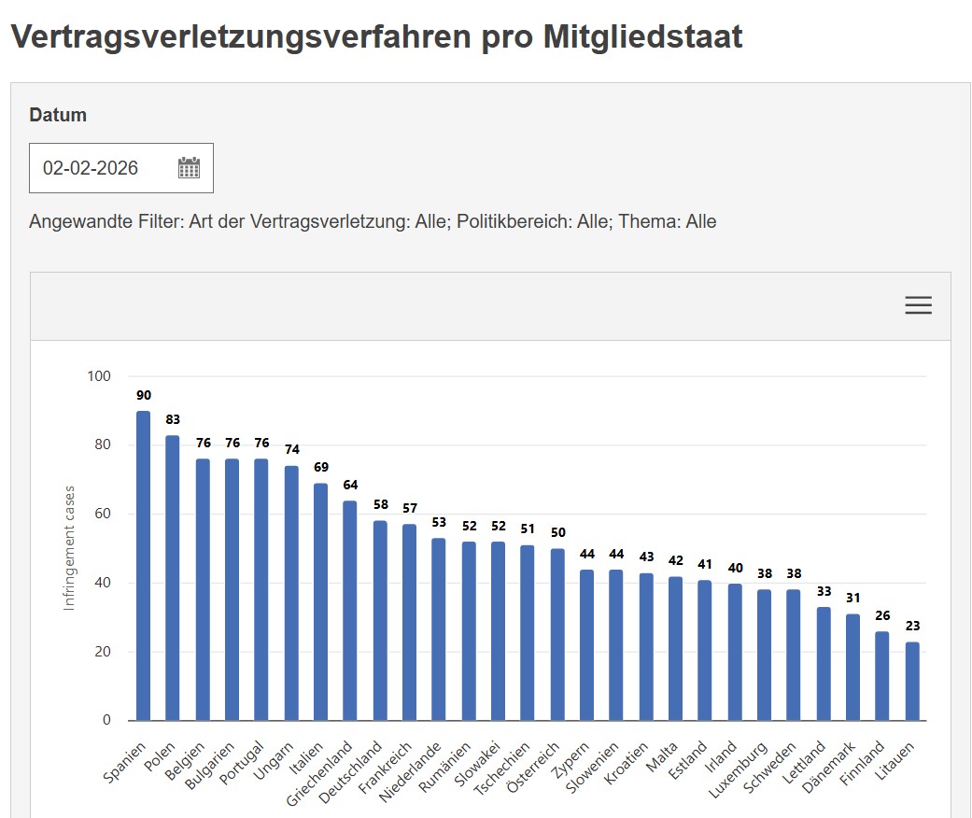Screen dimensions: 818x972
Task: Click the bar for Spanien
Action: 143,566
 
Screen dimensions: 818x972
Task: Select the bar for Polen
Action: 173,578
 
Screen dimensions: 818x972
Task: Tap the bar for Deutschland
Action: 380,621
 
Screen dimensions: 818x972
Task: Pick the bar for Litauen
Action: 912,681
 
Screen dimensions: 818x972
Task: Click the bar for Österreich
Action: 557,635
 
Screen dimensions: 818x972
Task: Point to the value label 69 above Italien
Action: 320,467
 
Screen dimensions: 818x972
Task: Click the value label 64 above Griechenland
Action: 350,485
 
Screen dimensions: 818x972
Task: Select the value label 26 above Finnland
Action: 882,615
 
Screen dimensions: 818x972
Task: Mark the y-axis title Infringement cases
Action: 69,548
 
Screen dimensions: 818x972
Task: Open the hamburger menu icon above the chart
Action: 918,305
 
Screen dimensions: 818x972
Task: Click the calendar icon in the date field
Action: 189,168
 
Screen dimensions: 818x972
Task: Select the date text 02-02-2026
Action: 91,168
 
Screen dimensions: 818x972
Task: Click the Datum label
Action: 58,115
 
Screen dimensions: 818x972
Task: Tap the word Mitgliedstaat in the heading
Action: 642,36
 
